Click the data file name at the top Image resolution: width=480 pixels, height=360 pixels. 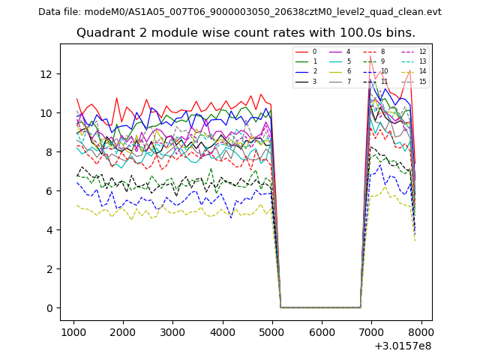click(240, 12)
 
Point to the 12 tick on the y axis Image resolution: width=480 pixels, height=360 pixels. click(46, 74)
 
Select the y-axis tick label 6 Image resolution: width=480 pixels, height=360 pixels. click(49, 191)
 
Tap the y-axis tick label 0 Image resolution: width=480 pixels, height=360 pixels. click(49, 308)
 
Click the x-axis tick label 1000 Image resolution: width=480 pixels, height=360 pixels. click(73, 332)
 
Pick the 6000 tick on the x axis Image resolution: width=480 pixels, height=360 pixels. click(322, 332)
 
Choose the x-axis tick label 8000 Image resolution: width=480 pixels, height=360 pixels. click(421, 332)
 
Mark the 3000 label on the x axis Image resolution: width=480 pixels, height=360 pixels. click(172, 332)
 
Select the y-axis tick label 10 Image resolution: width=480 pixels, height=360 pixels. click(46, 113)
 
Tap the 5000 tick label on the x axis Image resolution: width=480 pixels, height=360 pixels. click(272, 332)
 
